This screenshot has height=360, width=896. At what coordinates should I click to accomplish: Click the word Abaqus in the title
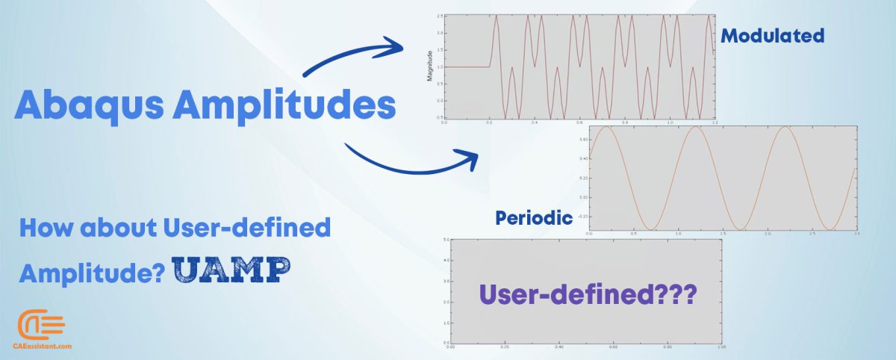click(x=88, y=106)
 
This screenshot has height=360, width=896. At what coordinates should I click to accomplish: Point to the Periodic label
click(x=534, y=218)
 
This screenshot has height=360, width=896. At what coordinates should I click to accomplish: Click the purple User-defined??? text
click(x=588, y=294)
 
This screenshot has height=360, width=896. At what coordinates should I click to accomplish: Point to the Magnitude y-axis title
click(x=429, y=67)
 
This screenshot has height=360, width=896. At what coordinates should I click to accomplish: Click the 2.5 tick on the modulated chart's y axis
click(x=440, y=16)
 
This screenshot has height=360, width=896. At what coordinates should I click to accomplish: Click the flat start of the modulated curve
click(x=467, y=67)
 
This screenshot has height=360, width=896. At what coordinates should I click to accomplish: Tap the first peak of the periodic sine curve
click(x=606, y=127)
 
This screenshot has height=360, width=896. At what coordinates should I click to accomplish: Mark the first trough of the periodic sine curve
click(x=650, y=229)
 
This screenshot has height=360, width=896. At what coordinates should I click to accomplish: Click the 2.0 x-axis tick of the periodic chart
click(x=768, y=234)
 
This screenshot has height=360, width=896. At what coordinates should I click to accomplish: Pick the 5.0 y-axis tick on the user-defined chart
click(x=445, y=240)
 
